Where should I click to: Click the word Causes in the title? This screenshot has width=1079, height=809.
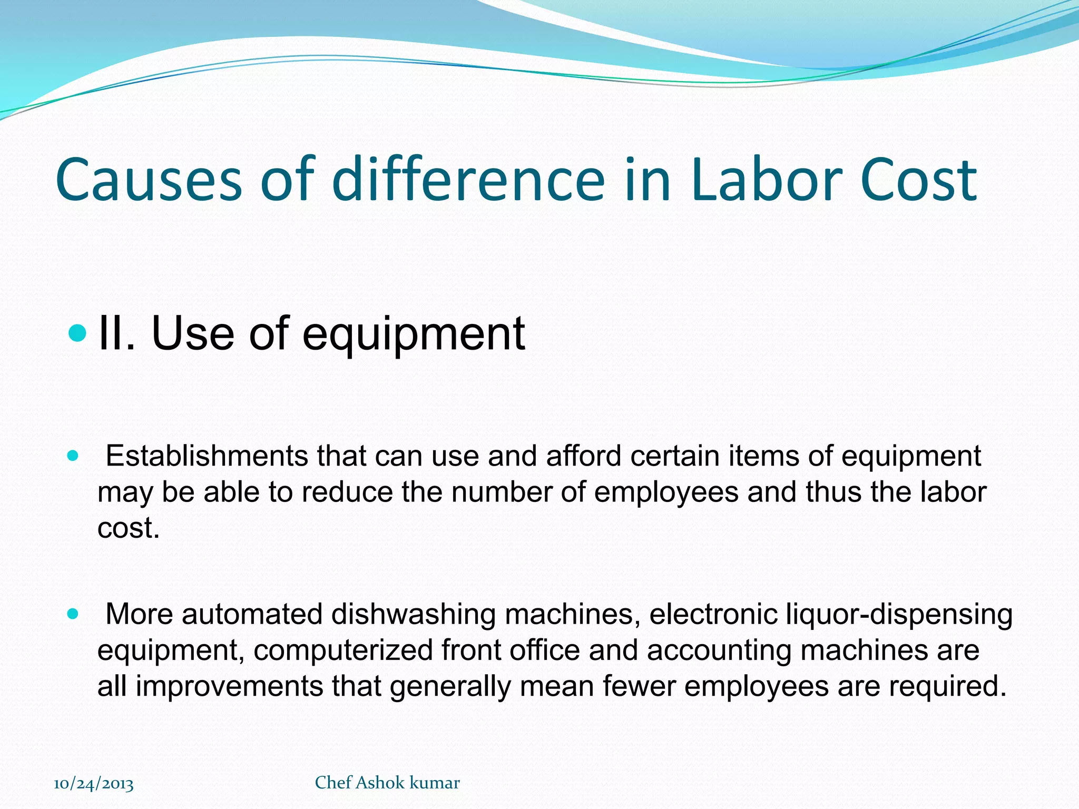pos(149,180)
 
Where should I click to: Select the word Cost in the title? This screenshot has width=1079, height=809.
pos(919,180)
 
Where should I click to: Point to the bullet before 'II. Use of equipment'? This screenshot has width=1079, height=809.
pos(77,333)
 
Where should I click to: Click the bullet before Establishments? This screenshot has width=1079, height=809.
pos(73,456)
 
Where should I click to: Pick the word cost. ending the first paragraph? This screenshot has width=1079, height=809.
pos(129,528)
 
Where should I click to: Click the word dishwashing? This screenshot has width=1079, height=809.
pos(413,614)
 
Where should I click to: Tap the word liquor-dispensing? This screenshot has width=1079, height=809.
pos(899,614)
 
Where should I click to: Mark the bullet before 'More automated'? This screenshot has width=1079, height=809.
pos(73,614)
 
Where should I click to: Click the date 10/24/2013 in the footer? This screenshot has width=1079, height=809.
pos(94,784)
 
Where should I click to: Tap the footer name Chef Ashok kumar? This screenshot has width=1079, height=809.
pos(387,783)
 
